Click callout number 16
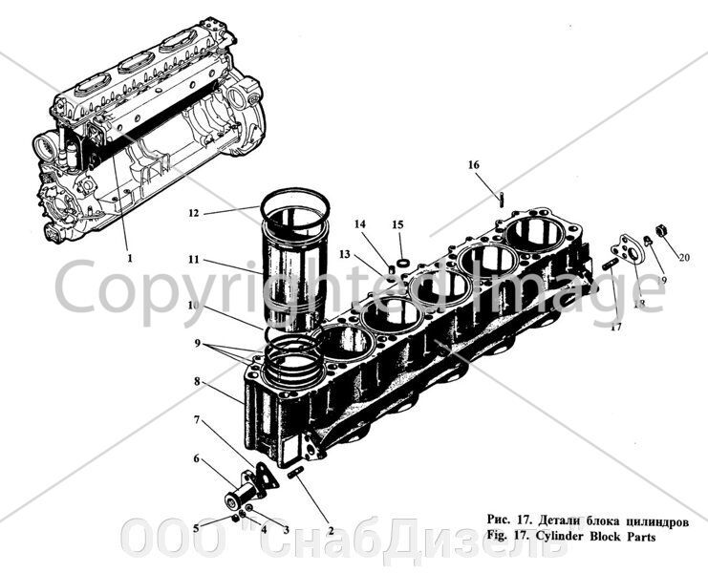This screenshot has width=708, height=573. click(473, 165)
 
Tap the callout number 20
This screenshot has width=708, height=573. click(683, 257)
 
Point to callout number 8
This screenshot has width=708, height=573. click(196, 381)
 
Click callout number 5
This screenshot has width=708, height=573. click(196, 527)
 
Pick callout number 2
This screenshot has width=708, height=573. click(330, 528)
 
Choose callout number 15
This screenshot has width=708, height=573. click(397, 225)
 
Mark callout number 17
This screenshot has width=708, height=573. click(616, 326)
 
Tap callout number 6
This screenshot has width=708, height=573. click(197, 458)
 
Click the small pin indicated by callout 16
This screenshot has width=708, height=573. click(500, 198)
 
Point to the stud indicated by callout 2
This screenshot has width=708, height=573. click(297, 475)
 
